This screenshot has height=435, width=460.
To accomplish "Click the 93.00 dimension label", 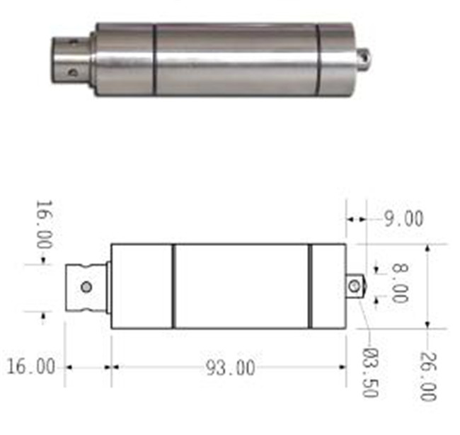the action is (x=230, y=368).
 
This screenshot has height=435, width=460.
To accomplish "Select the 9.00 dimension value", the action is (x=404, y=219).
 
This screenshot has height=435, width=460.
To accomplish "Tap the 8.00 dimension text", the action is (x=400, y=283).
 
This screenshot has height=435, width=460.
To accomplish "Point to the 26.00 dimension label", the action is (x=428, y=377).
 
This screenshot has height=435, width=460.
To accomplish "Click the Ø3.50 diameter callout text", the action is (x=371, y=373).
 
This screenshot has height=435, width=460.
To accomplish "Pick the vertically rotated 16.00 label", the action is (x=45, y=225).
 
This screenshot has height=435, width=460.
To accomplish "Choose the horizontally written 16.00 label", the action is (x=31, y=366).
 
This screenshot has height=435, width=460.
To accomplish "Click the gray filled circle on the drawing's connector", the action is (x=86, y=287).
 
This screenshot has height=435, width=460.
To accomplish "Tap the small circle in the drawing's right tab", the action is (x=355, y=286).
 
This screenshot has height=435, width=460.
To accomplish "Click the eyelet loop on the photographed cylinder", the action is (x=363, y=59).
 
